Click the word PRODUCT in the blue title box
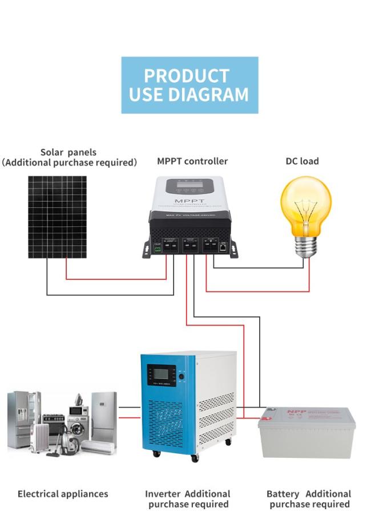coord(186,76)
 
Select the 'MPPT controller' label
coord(192,161)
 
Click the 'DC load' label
coord(302,161)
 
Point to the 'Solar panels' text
coord(68,152)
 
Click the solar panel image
coord(58,217)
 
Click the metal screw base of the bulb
coord(306,245)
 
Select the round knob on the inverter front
coord(182,376)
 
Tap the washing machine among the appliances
coord(78,425)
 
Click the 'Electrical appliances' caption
coord(63,494)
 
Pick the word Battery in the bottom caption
coord(283,494)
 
